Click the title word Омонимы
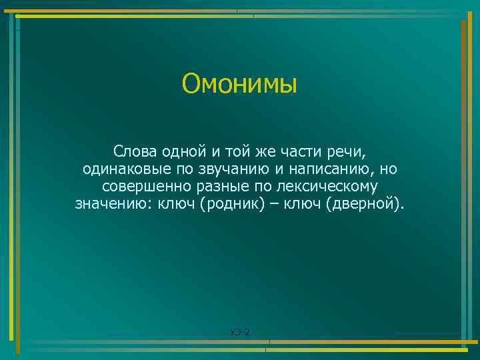coord(239,85)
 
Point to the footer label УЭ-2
coord(239,331)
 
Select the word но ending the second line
coord(389,169)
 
